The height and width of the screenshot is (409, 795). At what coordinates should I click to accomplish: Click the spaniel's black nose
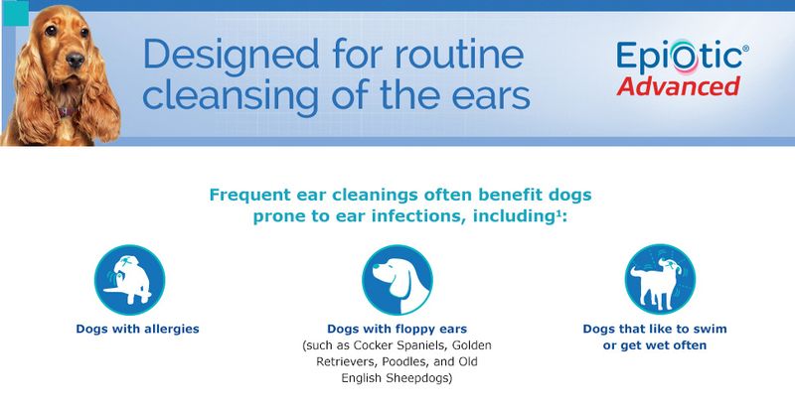(x=76, y=60)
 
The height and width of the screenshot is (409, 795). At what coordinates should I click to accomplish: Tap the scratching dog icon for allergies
(x=130, y=280)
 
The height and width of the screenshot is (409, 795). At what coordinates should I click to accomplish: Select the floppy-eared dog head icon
(x=397, y=280)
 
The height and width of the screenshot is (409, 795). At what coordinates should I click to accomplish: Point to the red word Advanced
(x=679, y=86)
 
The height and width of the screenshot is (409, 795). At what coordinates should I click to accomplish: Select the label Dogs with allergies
(x=137, y=329)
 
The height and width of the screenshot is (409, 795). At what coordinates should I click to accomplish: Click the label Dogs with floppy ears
(x=397, y=329)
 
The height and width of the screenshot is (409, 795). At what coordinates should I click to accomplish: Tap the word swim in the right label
(x=713, y=329)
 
